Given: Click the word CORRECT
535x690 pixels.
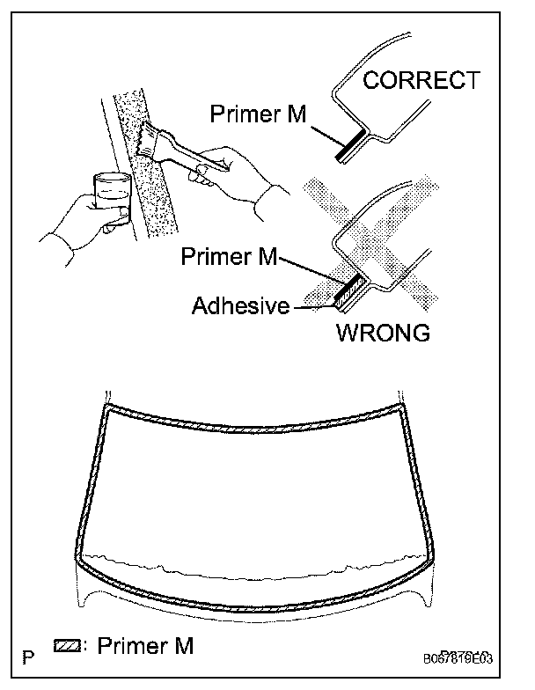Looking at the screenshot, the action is pyautogui.click(x=421, y=81).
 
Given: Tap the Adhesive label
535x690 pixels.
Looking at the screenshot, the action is pyautogui.click(x=241, y=306).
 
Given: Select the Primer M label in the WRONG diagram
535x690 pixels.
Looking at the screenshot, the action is pyautogui.click(x=229, y=256).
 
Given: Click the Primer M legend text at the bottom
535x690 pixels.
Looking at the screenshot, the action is pyautogui.click(x=145, y=646).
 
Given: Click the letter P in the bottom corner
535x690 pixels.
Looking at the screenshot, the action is pyautogui.click(x=30, y=657).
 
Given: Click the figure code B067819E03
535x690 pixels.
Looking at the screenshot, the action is pyautogui.click(x=469, y=657).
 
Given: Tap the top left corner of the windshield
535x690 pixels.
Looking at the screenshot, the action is pyautogui.click(x=107, y=410).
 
